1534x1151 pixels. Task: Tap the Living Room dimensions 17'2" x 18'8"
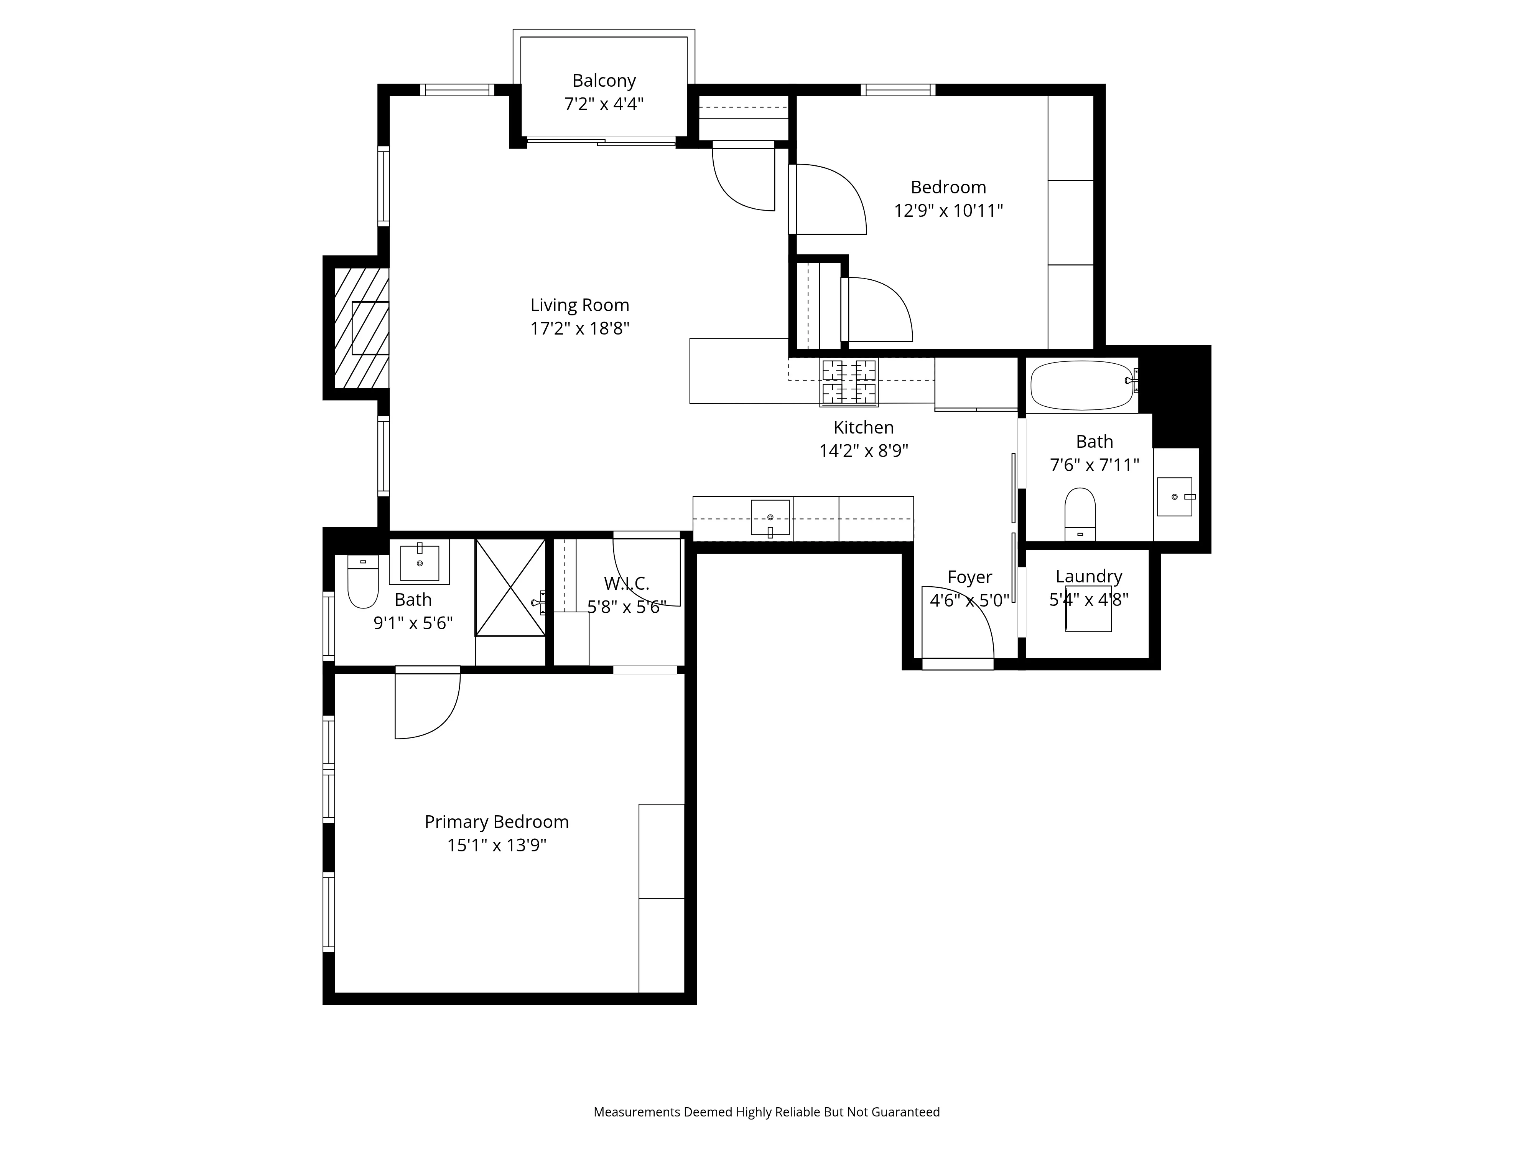point(580,328)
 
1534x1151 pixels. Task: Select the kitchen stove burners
point(849,382)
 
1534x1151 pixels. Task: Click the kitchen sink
point(770,518)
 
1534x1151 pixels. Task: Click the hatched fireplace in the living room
point(361,328)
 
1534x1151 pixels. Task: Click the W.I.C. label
point(626,584)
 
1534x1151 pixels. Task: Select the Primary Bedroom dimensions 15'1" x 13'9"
point(497,845)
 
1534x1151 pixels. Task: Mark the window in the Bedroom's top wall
point(898,89)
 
